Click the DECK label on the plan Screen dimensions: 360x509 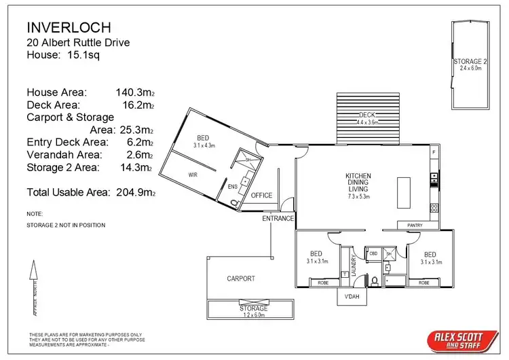[x=367, y=115]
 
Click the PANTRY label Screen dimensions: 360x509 [x=415, y=225]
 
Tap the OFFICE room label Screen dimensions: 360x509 [x=261, y=196]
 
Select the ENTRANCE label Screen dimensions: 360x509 [x=279, y=219]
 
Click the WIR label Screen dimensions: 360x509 [x=193, y=175]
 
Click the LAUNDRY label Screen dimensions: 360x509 [x=354, y=261]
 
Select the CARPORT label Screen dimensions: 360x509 [x=241, y=278]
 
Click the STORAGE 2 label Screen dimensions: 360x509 [x=470, y=62]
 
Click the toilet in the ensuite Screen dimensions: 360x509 [x=235, y=202]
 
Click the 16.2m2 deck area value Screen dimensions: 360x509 [x=136, y=105]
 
